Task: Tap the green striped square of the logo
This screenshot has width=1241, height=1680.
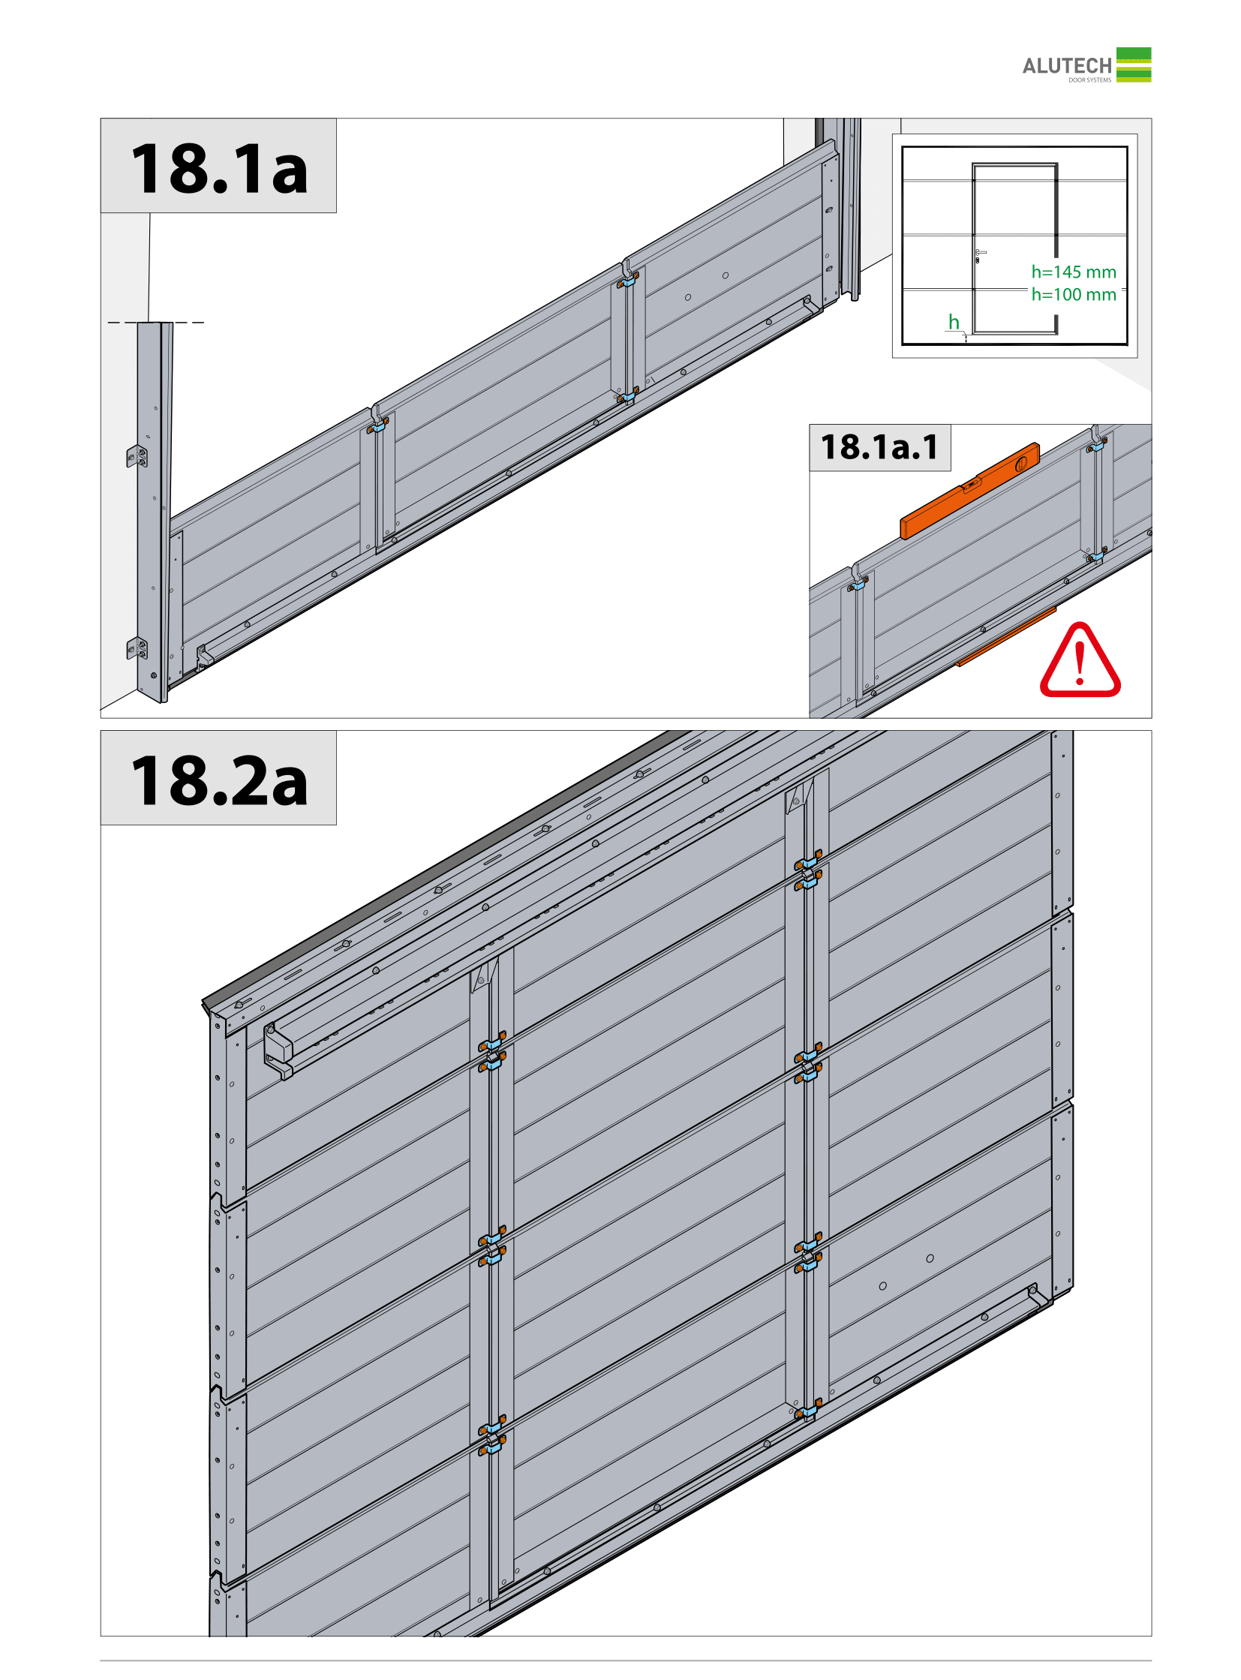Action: (x=1133, y=65)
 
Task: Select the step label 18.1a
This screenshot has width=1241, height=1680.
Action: (x=218, y=168)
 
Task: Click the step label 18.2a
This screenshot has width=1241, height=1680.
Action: (x=218, y=780)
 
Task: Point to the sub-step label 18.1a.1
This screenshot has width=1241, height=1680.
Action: (x=879, y=447)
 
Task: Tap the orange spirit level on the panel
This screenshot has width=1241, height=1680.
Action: (x=970, y=490)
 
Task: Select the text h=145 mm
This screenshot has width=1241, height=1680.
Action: (x=1074, y=272)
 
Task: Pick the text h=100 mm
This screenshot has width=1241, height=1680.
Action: (x=1074, y=295)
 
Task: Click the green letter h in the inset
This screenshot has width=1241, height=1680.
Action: (x=954, y=322)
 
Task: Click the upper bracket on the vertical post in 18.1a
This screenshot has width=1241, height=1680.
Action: (x=137, y=456)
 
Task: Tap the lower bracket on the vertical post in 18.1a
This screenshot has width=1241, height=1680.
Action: (x=137, y=648)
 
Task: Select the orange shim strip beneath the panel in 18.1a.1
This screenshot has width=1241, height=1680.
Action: (x=1006, y=636)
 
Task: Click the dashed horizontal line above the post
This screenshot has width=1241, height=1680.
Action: (x=155, y=323)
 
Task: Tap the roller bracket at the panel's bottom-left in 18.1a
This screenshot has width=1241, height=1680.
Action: (x=204, y=656)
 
